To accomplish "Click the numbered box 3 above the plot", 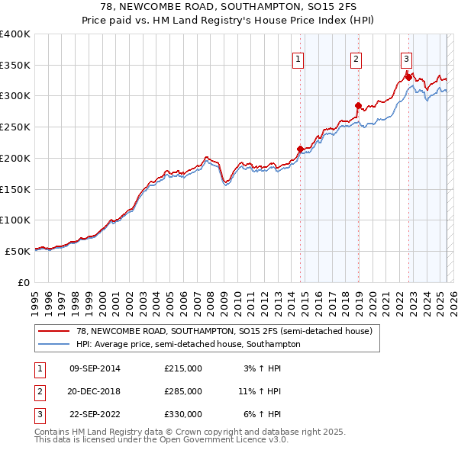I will (406, 59).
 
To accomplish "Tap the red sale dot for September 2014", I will (300, 149).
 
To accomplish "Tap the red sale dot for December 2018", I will (358, 105).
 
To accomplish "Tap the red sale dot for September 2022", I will (408, 76).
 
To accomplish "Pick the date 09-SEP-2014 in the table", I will (95, 368).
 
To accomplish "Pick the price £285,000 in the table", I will (182, 391).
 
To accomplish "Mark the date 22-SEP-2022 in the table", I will (95, 414).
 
